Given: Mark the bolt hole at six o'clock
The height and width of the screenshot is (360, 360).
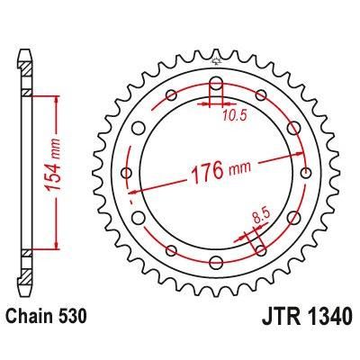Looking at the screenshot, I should [x=216, y=262].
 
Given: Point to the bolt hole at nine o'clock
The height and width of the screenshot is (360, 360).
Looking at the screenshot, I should [x=127, y=172].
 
